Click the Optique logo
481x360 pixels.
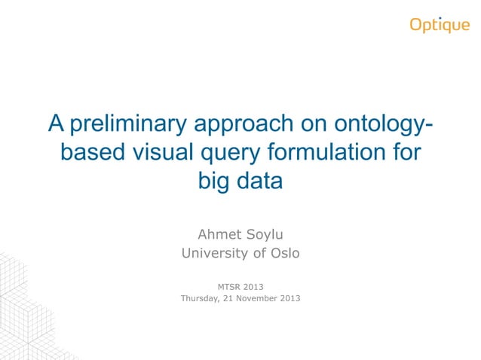[440, 25]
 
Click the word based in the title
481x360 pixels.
[92, 152]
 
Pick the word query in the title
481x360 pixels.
[228, 154]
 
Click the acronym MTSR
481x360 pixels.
[231, 286]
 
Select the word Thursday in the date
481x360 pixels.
[204, 298]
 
